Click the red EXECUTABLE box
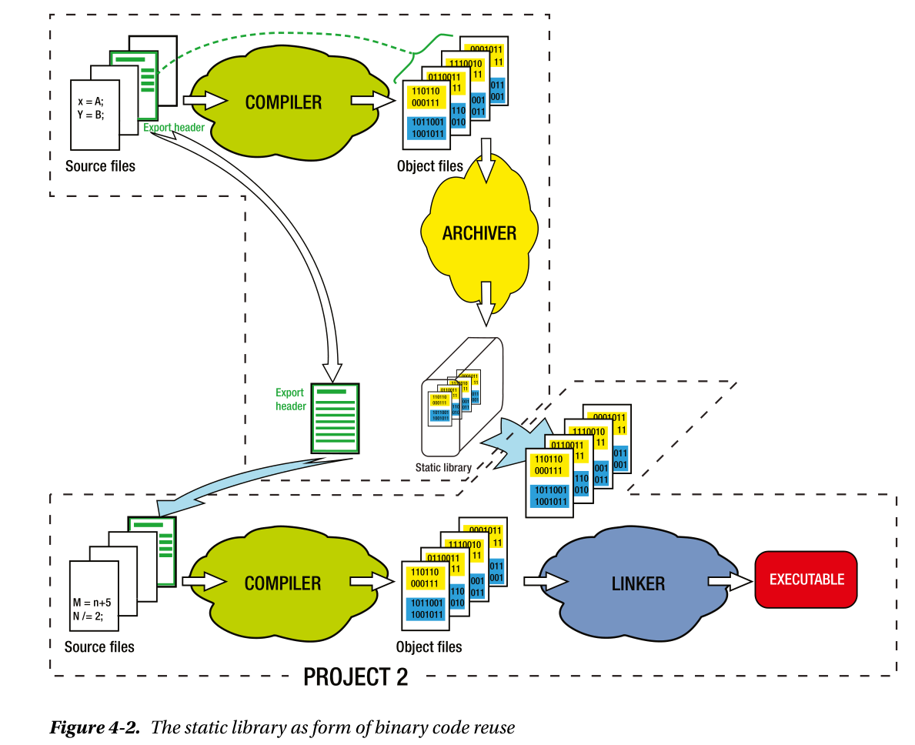tap(806, 580)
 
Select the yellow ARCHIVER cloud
tap(479, 232)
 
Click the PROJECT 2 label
tap(356, 677)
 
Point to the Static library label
tap(443, 467)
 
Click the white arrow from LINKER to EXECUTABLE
tap(729, 582)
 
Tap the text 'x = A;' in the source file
tap(90, 101)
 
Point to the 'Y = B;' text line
tap(90, 115)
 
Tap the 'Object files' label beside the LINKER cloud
tap(429, 646)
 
